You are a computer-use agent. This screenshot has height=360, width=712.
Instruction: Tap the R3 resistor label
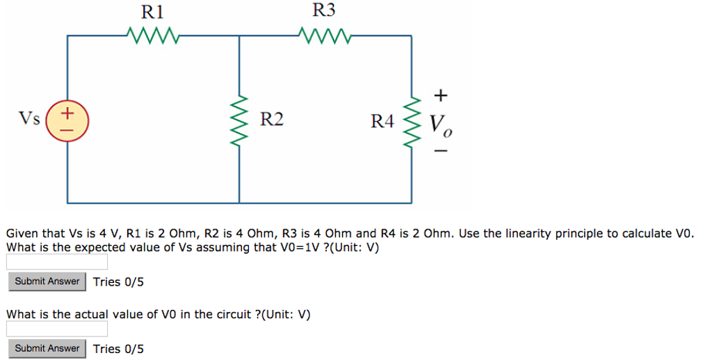click(x=323, y=10)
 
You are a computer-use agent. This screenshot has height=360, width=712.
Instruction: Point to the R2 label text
click(x=272, y=120)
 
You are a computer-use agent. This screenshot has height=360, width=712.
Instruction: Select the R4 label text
click(x=382, y=122)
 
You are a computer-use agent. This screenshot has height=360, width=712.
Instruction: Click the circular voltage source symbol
click(x=67, y=120)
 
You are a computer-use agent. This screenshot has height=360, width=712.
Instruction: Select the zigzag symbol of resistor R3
click(x=324, y=34)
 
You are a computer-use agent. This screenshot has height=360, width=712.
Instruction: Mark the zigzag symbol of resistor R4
click(x=413, y=120)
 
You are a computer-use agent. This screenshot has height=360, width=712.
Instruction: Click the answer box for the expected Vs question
click(x=57, y=262)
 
